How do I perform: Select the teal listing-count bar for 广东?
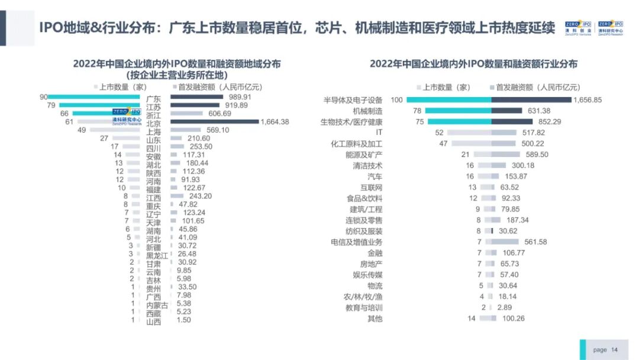pos(95,97)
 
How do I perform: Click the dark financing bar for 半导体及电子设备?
pos(531,99)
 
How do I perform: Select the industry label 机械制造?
pos(367,111)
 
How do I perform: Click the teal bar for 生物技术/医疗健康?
pos(458,121)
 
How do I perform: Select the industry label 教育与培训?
pos(364,308)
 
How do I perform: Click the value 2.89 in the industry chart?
pos(505,308)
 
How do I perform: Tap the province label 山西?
pos(153,322)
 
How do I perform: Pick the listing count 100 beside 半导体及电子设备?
pos(396,99)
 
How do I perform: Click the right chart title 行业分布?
pos(473,64)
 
